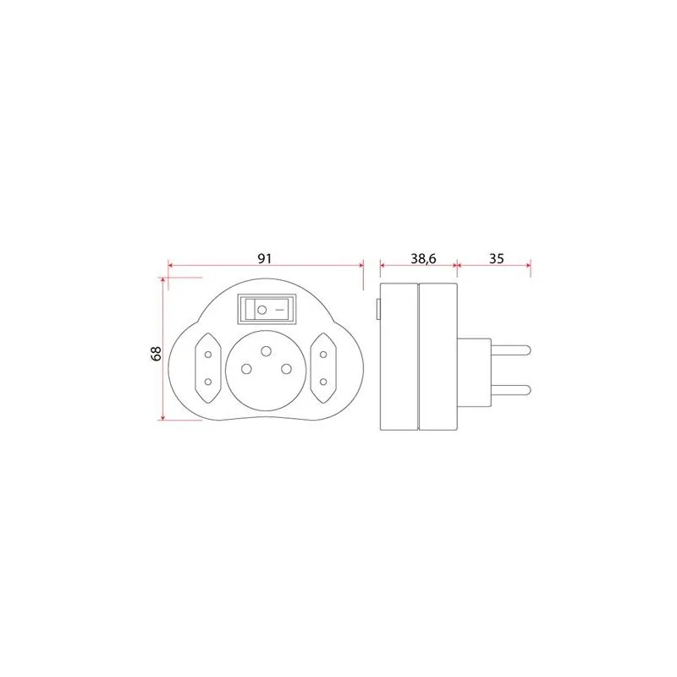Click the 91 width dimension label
point(265,258)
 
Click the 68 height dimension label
point(156,353)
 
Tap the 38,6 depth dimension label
point(423,258)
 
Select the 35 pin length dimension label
point(497,258)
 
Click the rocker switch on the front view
point(267,309)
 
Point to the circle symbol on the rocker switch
point(261,310)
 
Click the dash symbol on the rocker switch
point(279,310)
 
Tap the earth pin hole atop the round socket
point(267,351)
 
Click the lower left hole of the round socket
point(246,369)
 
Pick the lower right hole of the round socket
point(286,369)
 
